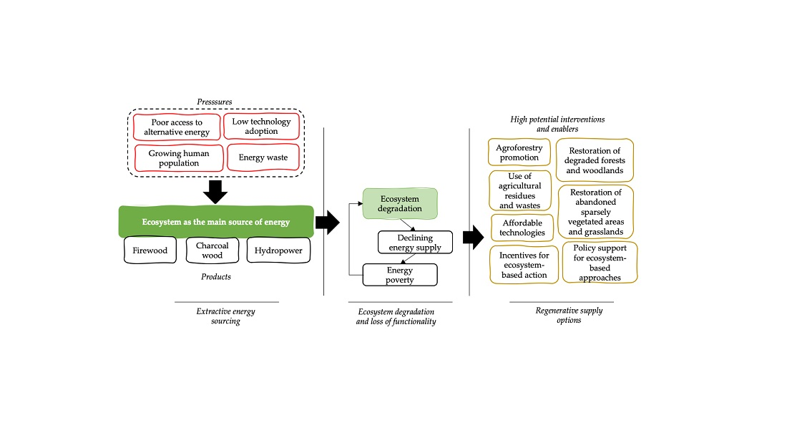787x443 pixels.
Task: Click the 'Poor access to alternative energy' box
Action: tap(176, 127)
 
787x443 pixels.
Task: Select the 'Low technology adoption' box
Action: tap(261, 127)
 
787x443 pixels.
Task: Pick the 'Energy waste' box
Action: tap(263, 157)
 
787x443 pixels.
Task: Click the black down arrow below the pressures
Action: tap(214, 192)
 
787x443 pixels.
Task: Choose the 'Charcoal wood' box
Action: tap(212, 250)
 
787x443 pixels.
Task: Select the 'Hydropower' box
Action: tap(278, 250)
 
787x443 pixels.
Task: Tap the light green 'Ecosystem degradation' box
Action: tap(400, 203)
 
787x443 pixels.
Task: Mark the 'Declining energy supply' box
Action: tap(415, 242)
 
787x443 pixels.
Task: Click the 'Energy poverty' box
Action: tap(400, 275)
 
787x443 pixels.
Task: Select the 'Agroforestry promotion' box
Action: tap(519, 152)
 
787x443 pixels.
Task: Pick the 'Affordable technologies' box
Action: tap(523, 228)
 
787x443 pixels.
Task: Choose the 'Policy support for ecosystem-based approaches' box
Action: tap(600, 263)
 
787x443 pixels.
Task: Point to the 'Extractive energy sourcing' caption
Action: tap(225, 316)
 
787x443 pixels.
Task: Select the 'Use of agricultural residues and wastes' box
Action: tap(520, 190)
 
